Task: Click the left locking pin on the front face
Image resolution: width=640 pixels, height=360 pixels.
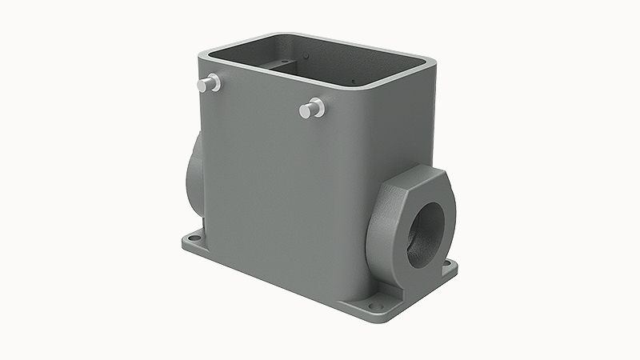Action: point(212,82)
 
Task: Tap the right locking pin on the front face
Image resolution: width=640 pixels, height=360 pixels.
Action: point(313,108)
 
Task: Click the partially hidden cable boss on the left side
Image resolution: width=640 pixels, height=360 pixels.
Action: point(194,172)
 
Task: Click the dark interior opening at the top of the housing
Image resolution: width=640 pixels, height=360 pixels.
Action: point(320,64)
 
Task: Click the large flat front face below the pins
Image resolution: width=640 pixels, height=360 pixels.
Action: point(280,192)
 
